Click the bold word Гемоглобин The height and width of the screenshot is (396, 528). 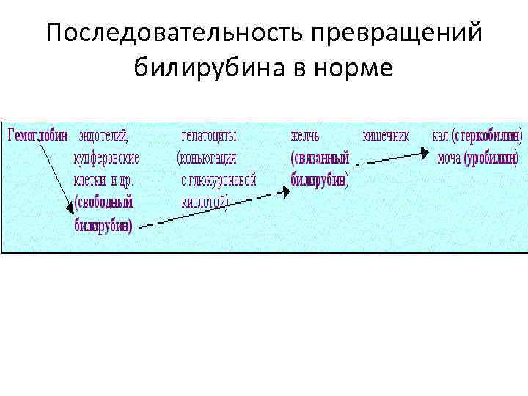(37, 136)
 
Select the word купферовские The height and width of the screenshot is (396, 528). (107, 157)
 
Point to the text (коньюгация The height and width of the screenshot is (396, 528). (207, 157)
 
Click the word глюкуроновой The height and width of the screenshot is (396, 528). (223, 180)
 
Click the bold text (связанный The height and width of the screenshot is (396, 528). (320, 157)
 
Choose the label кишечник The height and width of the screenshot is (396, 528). (386, 136)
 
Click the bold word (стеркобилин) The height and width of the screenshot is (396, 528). (488, 136)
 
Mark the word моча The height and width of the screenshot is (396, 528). (449, 158)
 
